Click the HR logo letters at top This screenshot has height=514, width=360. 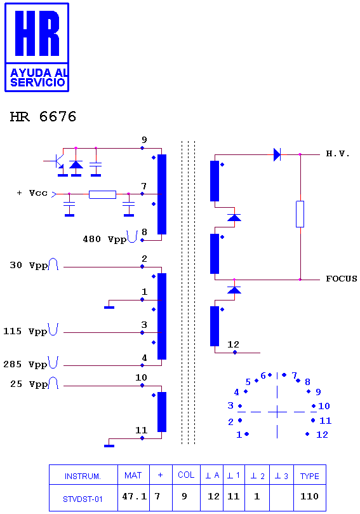click(37, 33)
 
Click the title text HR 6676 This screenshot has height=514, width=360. click(43, 117)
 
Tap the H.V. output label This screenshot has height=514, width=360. click(338, 154)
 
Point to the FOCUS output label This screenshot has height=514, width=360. click(342, 279)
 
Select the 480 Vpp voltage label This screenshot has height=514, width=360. click(105, 239)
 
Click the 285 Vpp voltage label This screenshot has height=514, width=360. click(25, 364)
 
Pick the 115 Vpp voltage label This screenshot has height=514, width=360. click(25, 331)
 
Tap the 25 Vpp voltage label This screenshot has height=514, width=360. click(29, 384)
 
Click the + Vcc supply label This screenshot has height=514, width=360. click(32, 193)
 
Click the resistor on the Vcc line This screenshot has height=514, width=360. click(102, 194)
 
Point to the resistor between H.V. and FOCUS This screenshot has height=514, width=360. click(300, 214)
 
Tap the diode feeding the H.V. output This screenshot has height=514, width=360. click(277, 154)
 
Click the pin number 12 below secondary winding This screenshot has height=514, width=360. click(233, 344)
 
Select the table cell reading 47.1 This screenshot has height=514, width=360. click(135, 496)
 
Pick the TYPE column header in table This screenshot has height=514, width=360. click(310, 476)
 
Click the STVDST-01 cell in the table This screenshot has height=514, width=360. click(83, 499)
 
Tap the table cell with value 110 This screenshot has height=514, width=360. click(310, 496)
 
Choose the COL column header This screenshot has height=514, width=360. click(186, 475)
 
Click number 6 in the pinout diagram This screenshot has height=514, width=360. click(263, 375)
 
